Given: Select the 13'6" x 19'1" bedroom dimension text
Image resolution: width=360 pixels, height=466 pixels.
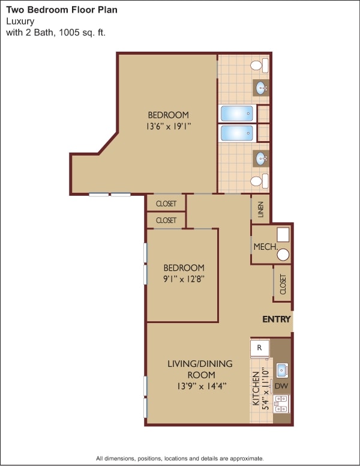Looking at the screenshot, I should point(168,126).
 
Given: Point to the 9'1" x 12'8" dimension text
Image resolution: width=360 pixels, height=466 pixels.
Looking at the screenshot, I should point(183,279).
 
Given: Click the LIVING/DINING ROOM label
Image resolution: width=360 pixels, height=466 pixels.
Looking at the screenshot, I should point(200,369).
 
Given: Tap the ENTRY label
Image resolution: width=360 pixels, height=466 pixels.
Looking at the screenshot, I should point(277,319).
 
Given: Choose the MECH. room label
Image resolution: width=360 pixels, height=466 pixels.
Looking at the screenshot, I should point(264,247).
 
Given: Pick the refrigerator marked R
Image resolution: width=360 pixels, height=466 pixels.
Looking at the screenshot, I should point(260,348).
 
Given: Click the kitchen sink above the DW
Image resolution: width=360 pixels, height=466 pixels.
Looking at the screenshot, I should point(281,370).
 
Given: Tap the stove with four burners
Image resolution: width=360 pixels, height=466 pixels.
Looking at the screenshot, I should point(281,403).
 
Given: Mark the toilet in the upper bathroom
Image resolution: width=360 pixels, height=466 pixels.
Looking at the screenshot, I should point(259,65).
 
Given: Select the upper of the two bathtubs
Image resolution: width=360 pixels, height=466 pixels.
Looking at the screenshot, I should point(237,113).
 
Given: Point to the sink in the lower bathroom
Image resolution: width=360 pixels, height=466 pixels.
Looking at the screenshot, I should point(262,159).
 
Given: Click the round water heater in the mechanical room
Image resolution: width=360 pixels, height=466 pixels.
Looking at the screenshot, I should point(283,255).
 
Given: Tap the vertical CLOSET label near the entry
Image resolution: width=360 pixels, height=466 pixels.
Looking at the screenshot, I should point(283,283).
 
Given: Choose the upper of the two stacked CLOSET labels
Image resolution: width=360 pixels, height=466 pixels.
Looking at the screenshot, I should point(166,204).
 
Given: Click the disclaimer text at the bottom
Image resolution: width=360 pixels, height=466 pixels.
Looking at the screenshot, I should point(180,458).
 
